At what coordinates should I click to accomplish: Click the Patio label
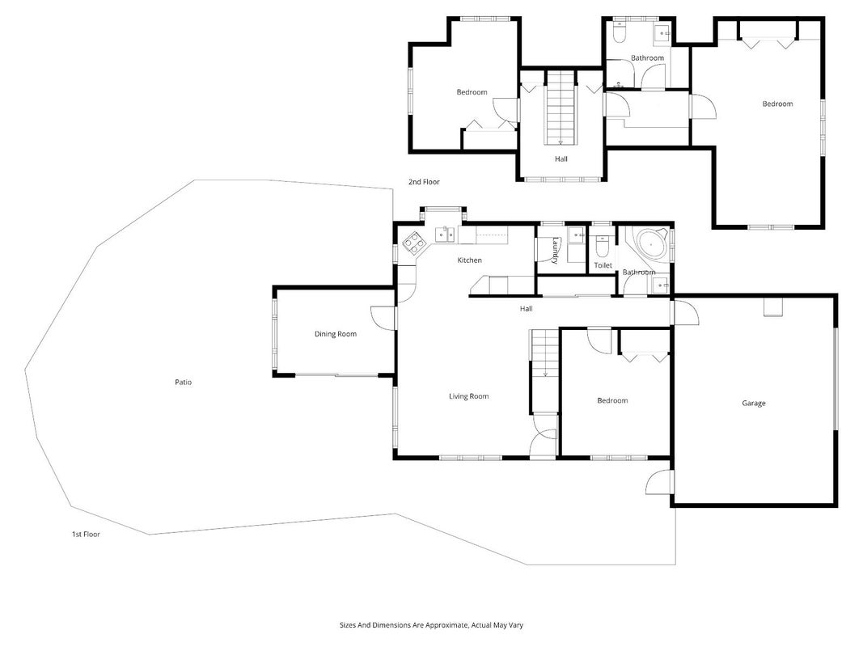[184, 382]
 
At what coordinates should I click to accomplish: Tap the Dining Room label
[335, 334]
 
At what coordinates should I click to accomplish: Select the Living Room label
[468, 396]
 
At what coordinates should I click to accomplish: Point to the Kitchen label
[469, 260]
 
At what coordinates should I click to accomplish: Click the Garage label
[754, 404]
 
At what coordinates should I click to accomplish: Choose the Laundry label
[556, 251]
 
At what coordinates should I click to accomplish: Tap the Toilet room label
[603, 265]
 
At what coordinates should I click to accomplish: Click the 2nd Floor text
[424, 181]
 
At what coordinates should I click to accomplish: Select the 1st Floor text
[86, 534]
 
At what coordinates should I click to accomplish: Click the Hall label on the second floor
[561, 159]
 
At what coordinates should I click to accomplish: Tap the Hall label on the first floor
[527, 309]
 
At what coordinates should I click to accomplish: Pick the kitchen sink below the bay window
[445, 235]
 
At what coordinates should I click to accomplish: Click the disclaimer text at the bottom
[432, 625]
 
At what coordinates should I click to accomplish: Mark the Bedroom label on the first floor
[612, 400]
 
